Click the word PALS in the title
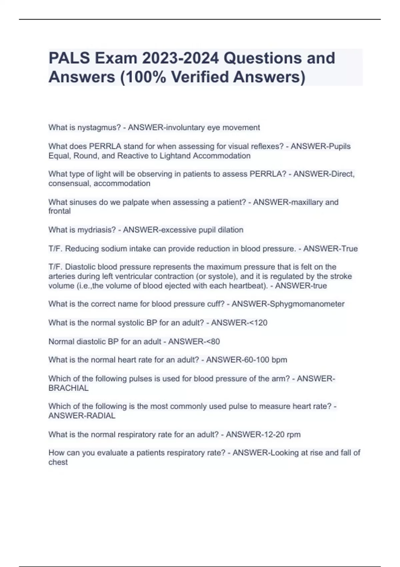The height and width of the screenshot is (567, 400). click(69, 58)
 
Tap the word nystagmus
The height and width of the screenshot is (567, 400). click(99, 127)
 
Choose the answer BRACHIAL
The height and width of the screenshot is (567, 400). click(68, 388)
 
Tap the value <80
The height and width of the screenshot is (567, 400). click(211, 342)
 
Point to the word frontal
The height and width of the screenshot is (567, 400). click(59, 211)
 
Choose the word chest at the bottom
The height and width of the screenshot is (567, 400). click(58, 462)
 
